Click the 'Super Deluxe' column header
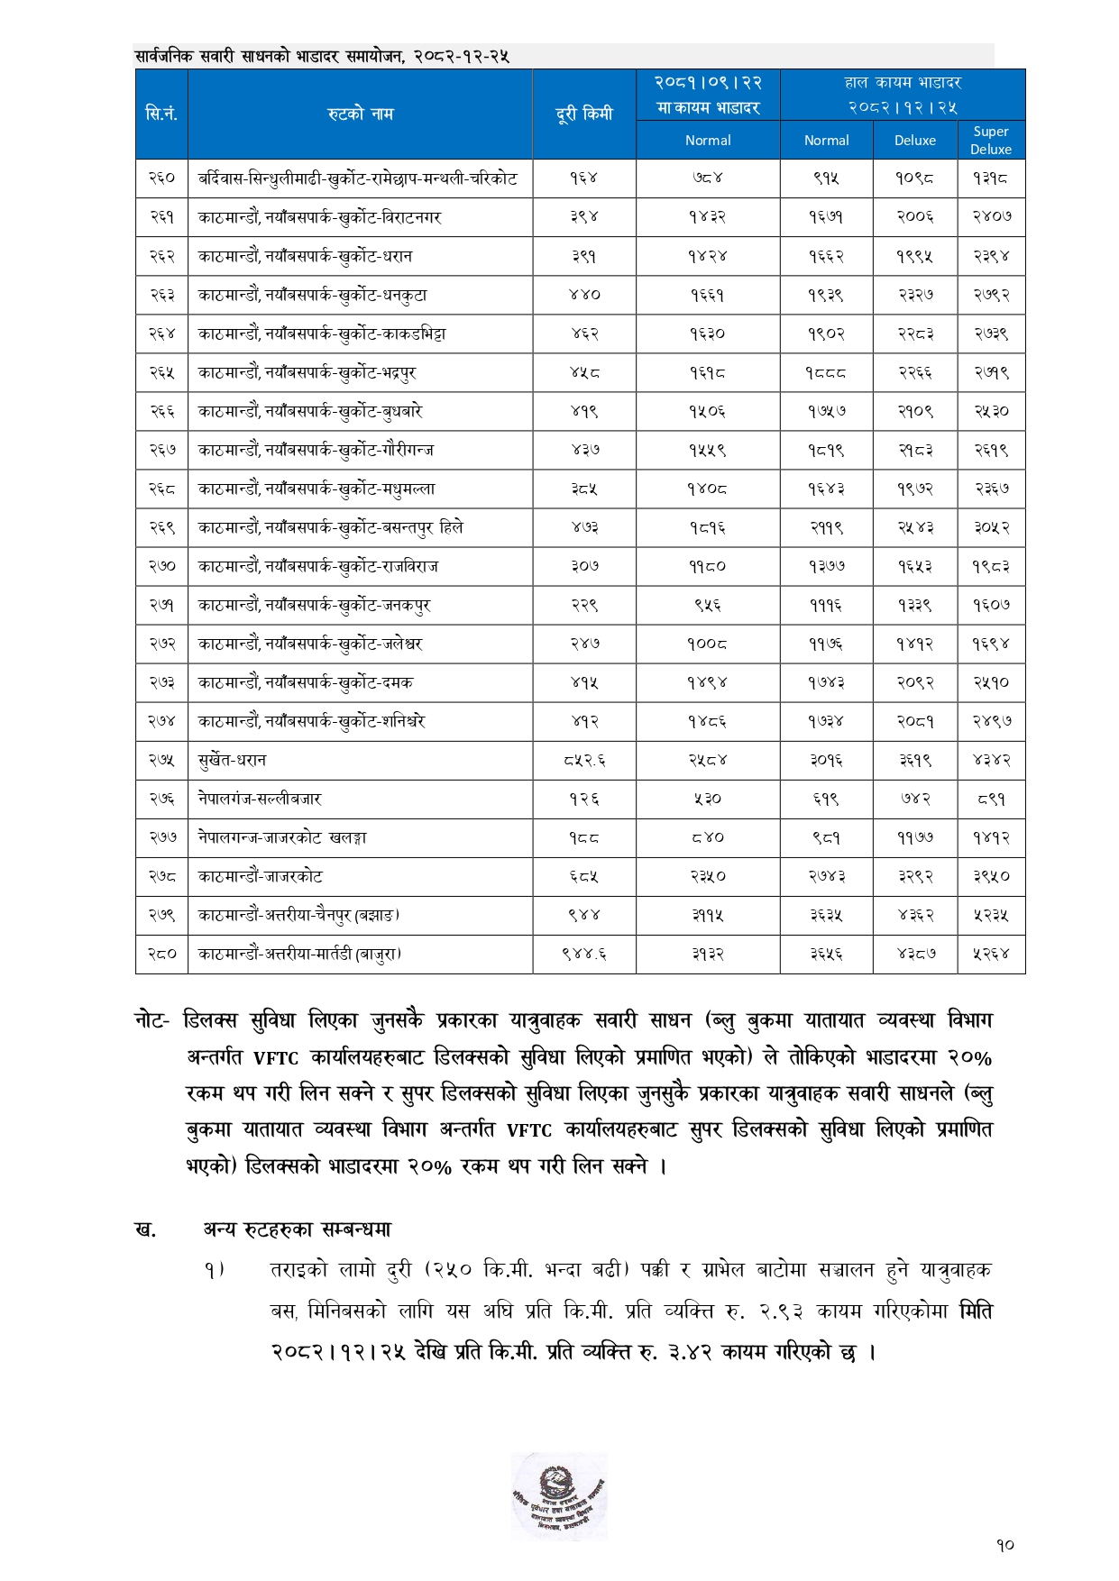pos(990,140)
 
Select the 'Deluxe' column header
pos(914,140)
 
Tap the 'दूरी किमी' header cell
pos(583,114)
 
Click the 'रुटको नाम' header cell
pos(360,114)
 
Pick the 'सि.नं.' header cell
pos(161,114)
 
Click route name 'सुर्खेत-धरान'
pos(233,760)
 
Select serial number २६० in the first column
pos(161,178)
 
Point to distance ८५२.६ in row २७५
pos(583,760)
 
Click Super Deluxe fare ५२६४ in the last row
pos(991,954)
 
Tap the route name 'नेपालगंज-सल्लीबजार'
pos(260,799)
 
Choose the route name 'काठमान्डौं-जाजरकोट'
pos(261,876)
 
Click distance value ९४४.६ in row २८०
pos(583,954)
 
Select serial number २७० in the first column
pos(161,566)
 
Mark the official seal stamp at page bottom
pos(559,1496)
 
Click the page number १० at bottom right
pos(1005,1545)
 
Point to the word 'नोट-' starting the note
pos(151,1020)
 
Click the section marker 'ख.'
pos(145,1229)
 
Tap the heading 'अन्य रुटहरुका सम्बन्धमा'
pos(298,1229)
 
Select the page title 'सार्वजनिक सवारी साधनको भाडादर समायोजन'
pos(322,56)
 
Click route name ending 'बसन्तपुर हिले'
pos(331,527)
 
